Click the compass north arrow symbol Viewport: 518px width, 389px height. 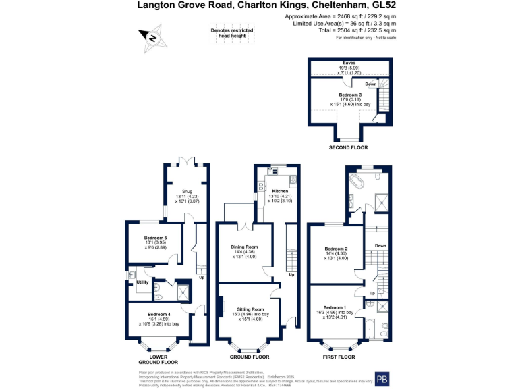[x=151, y=38]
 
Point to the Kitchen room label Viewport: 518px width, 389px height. [x=280, y=191]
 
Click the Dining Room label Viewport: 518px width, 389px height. [x=245, y=247]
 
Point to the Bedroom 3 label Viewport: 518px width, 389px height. [x=350, y=94]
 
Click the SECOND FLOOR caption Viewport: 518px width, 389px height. [x=348, y=147]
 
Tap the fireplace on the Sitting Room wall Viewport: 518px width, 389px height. [x=220, y=305]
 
